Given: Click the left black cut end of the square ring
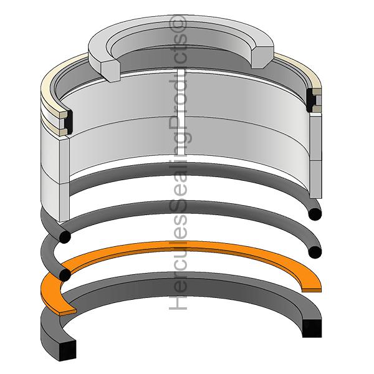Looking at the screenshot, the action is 67,350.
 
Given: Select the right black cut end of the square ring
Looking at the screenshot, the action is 312,328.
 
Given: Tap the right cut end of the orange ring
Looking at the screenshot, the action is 312,290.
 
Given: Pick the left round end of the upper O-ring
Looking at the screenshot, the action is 65,237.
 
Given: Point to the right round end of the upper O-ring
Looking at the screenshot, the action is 315,214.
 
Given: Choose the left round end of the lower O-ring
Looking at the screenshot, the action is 65,275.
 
